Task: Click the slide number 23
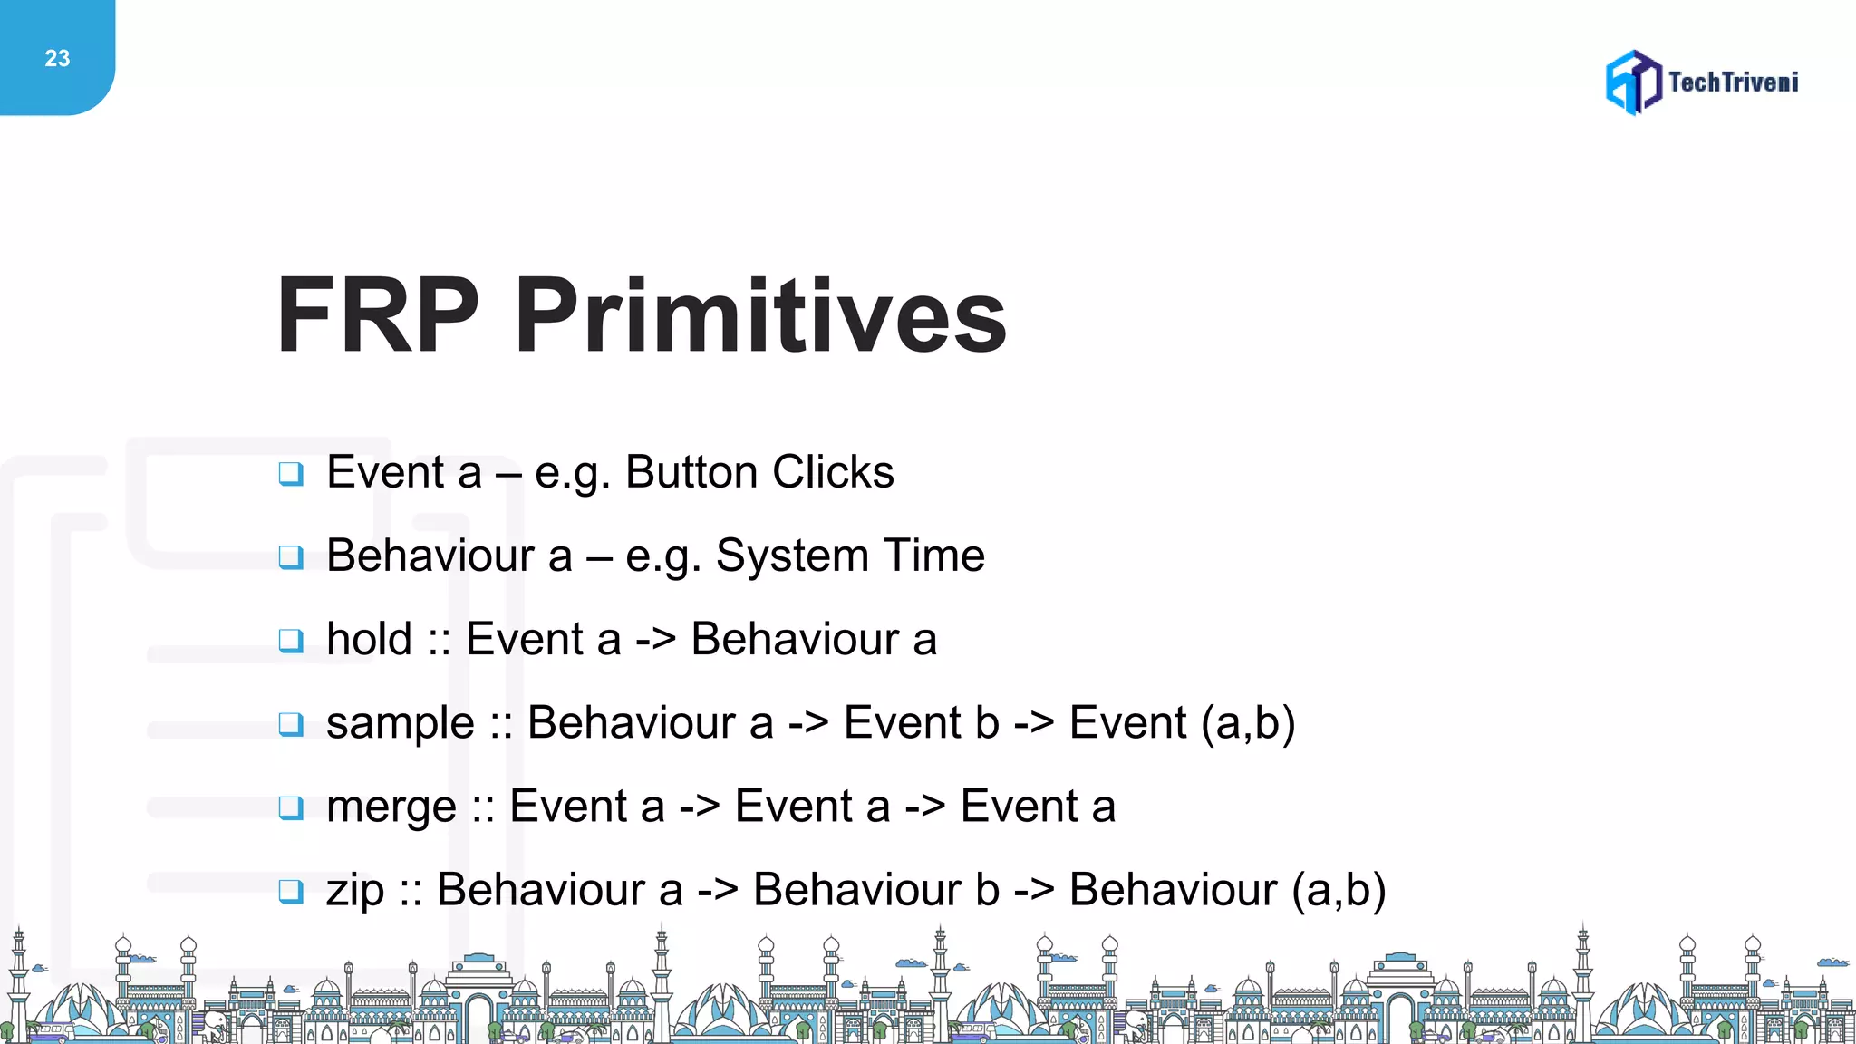[57, 59]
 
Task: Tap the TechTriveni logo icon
[1633, 82]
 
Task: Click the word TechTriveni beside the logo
[1733, 82]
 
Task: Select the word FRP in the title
[377, 315]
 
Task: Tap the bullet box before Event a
[291, 473]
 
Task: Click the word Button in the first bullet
[691, 472]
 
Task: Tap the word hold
[369, 639]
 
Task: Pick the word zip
[355, 891]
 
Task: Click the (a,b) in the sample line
[1248, 723]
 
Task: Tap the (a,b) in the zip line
[1339, 890]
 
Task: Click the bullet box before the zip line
[291, 891]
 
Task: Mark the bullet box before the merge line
[291, 807]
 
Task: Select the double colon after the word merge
[483, 807]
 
